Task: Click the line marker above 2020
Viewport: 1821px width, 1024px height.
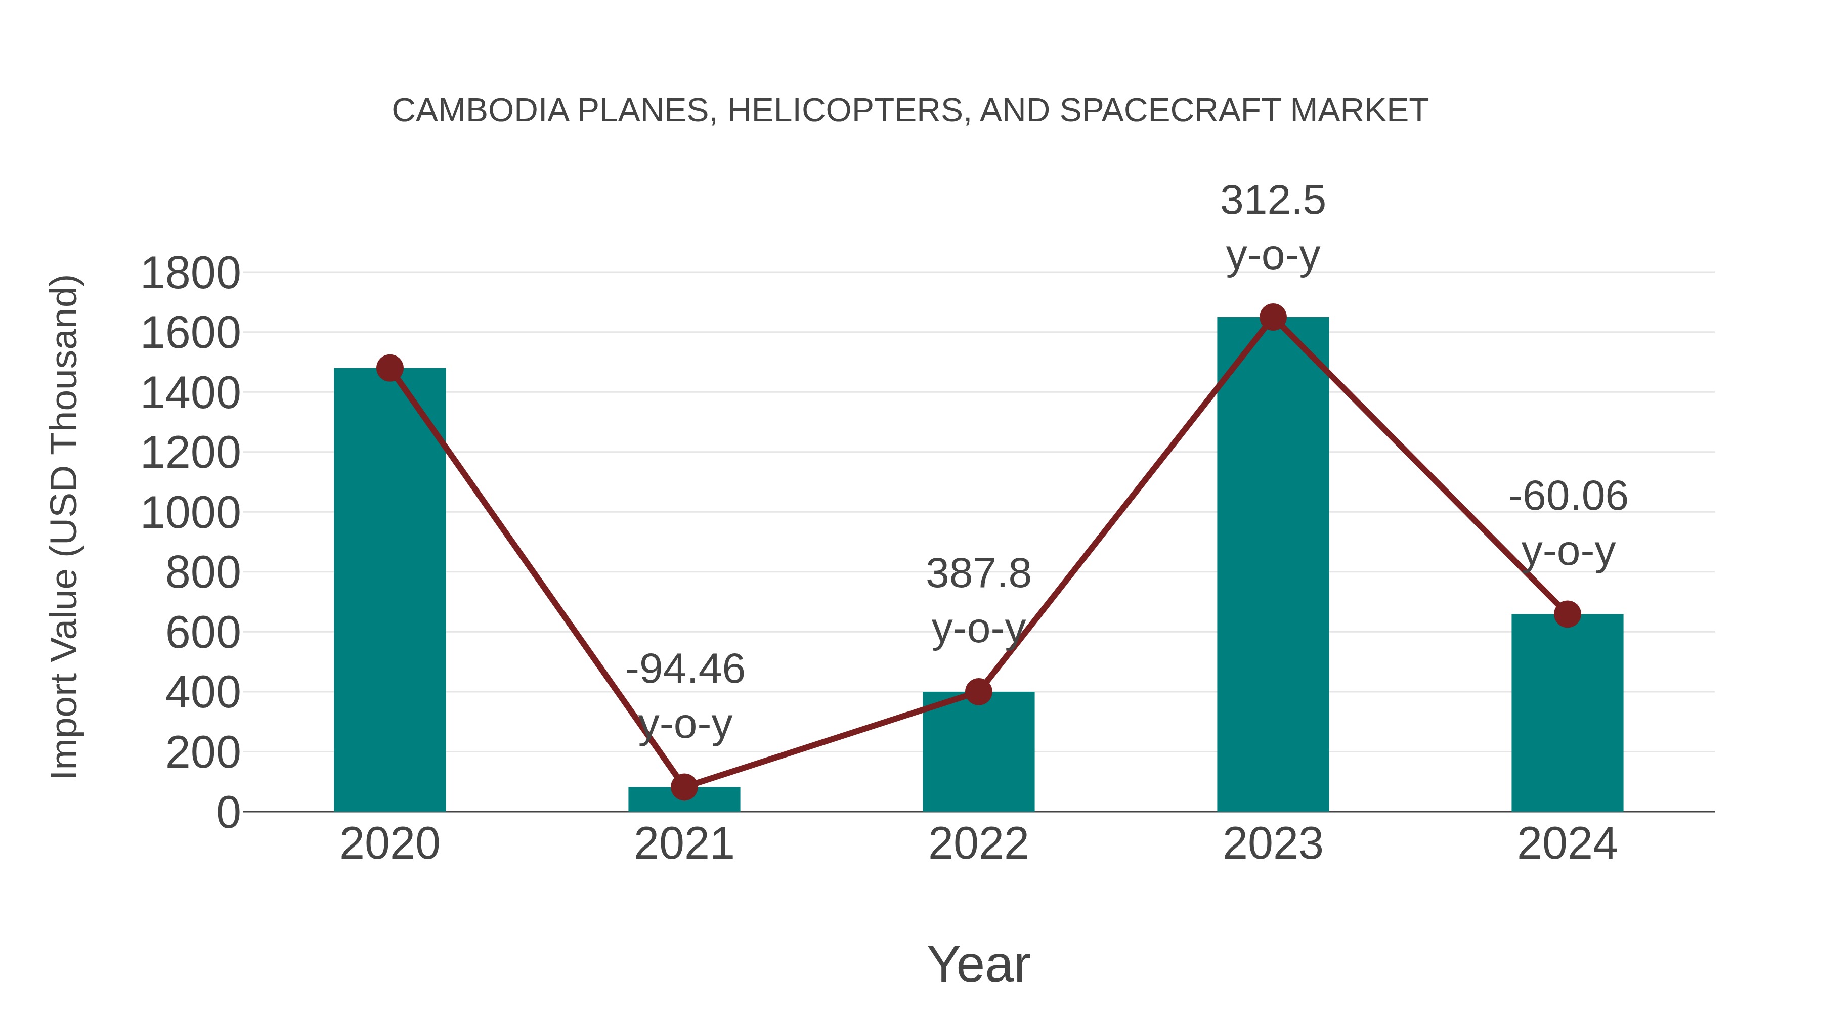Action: pos(389,368)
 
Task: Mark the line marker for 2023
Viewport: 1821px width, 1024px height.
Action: pos(1273,317)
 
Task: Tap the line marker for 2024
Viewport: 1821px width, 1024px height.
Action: pos(1567,614)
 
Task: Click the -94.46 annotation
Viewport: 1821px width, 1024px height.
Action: pos(685,669)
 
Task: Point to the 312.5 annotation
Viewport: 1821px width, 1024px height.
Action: pos(1273,201)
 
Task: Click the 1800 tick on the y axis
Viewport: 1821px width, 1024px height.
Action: pos(190,274)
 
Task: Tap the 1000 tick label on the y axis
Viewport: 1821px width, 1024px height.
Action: pos(190,513)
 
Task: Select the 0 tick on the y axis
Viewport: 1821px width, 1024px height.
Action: pos(228,813)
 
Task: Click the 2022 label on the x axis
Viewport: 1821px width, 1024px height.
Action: pos(978,844)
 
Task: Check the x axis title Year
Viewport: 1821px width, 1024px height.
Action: pos(978,964)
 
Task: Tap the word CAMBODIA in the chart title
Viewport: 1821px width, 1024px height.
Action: pos(480,110)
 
